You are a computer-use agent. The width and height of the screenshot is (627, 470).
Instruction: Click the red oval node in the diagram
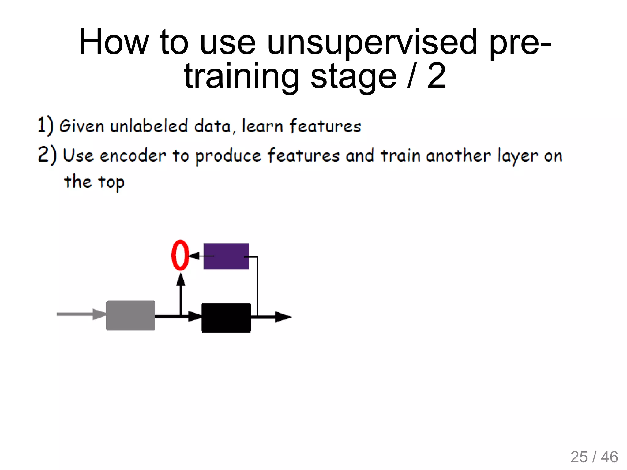pos(180,255)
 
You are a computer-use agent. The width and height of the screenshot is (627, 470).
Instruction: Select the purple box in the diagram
pos(226,256)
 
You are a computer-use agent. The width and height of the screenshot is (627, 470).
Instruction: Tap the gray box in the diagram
pos(131,315)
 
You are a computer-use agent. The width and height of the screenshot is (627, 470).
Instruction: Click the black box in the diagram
pos(226,318)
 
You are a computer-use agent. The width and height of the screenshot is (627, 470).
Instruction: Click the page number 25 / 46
pos(594,457)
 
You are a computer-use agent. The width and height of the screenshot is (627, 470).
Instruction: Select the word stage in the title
pos(353,76)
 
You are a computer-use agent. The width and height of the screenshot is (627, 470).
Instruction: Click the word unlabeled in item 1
pos(149,126)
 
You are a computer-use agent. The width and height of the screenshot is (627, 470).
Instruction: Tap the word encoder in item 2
pos(133,155)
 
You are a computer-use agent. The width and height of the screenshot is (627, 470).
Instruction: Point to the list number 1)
pos(45,125)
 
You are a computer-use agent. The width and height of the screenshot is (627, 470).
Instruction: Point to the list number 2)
pos(47,155)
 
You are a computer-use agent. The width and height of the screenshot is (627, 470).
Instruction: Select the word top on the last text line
pos(111,182)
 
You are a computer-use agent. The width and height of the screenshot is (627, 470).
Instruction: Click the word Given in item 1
pos(81,126)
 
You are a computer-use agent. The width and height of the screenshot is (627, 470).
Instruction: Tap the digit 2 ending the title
pos(436,76)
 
